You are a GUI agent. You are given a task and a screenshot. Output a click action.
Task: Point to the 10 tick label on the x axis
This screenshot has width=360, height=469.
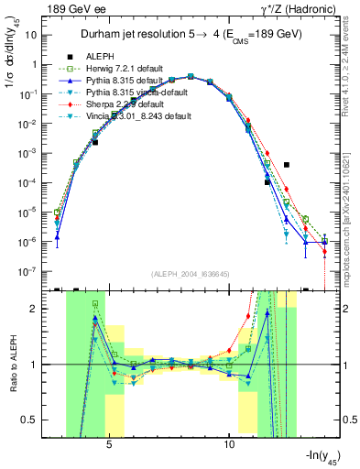coord(229,442)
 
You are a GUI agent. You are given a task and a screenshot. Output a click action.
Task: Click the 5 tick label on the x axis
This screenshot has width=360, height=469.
coord(109,442)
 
